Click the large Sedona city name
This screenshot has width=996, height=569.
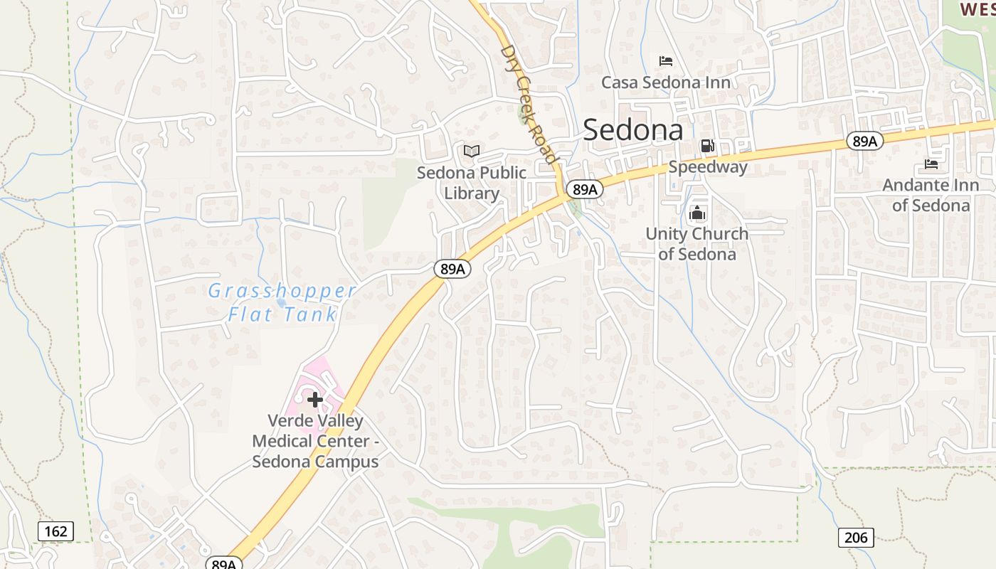pos(633,130)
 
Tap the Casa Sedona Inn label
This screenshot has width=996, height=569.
pos(666,83)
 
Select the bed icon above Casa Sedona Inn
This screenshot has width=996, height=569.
pos(666,61)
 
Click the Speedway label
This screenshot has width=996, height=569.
pos(708,167)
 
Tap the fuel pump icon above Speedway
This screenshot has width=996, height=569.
pos(707,146)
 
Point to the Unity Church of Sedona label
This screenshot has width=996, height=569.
pos(696,243)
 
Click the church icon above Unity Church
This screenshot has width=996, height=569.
pos(697,213)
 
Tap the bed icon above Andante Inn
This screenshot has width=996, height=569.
pos(931,164)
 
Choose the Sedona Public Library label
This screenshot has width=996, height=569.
pos(472,183)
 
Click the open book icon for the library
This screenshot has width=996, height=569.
pos(472,151)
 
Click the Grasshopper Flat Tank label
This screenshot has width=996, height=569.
pos(282,302)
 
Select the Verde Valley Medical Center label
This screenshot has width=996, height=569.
pos(315,441)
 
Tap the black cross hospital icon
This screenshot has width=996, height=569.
pos(315,400)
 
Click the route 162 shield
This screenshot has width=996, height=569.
pos(55,531)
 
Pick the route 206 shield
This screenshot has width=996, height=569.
pos(855,537)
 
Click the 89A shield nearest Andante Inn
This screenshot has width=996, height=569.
pos(864,141)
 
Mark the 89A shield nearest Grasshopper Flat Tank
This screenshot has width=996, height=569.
pos(452,269)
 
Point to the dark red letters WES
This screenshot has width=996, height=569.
pos(976,9)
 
